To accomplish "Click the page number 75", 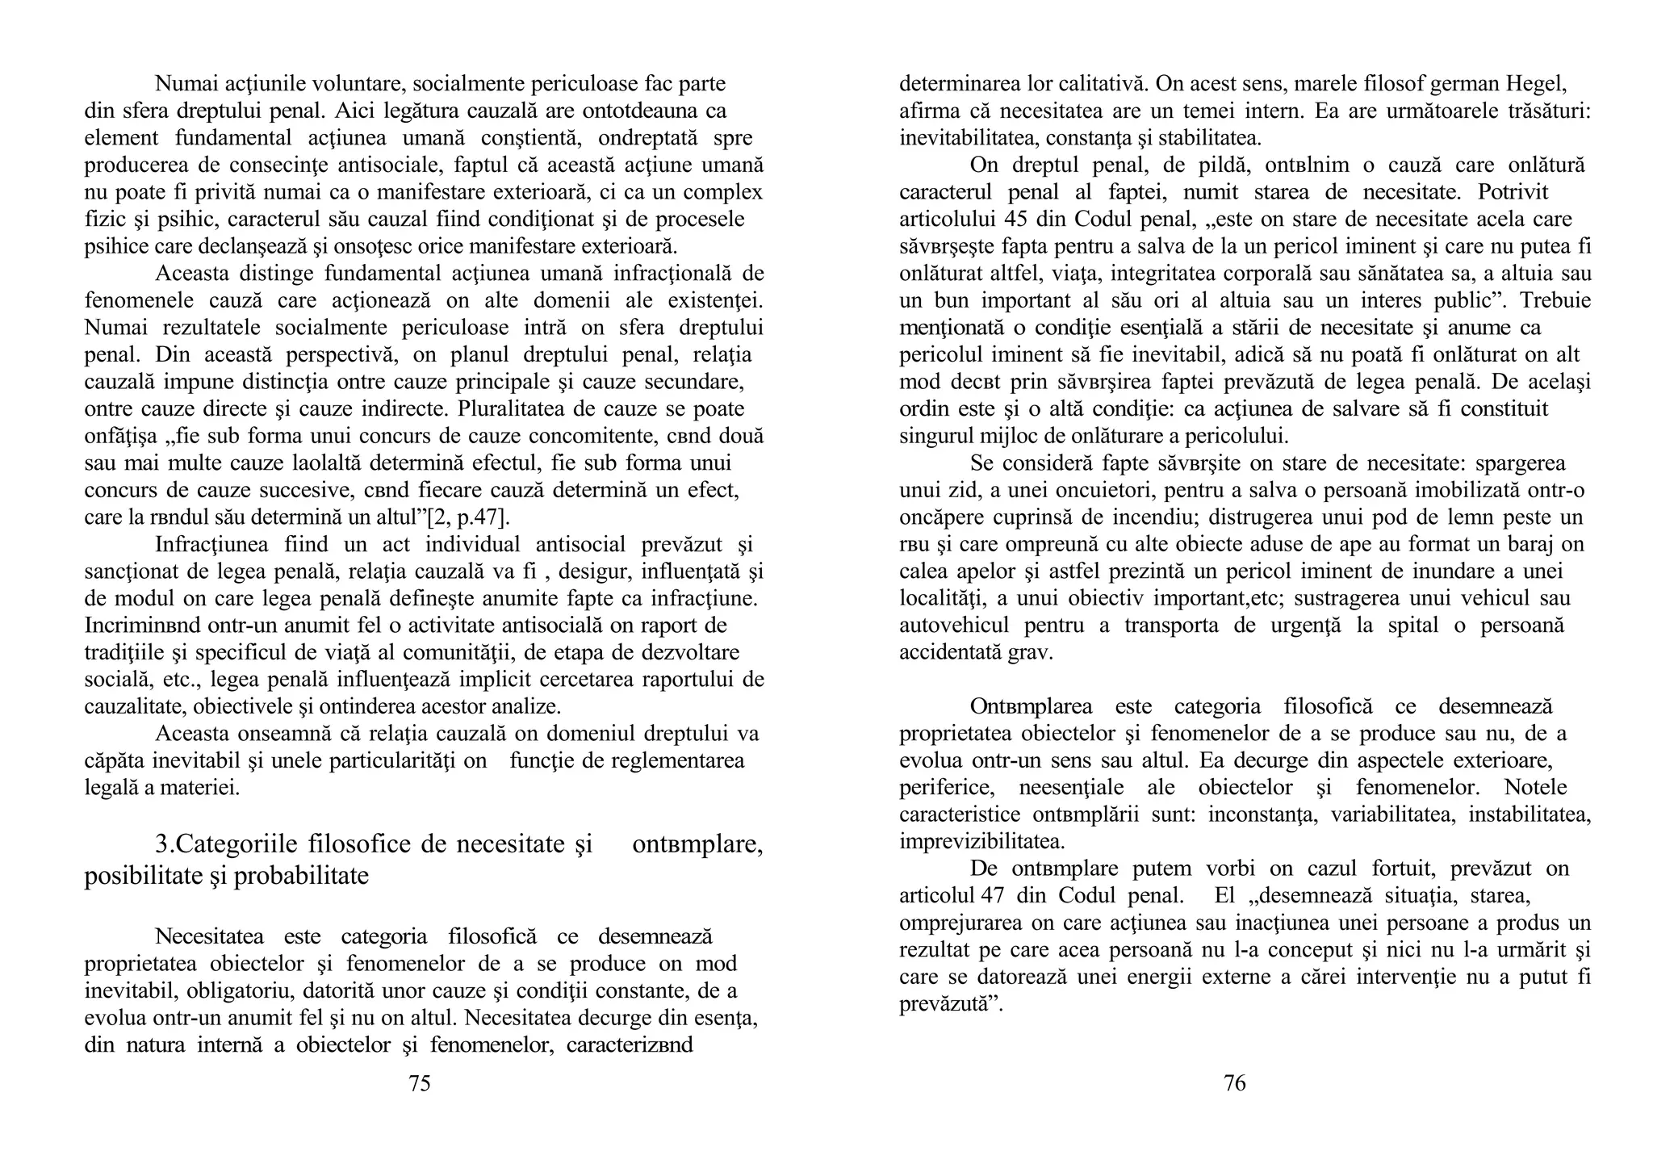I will [419, 1084].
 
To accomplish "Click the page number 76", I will [1234, 1083].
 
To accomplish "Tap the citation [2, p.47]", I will [467, 517].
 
